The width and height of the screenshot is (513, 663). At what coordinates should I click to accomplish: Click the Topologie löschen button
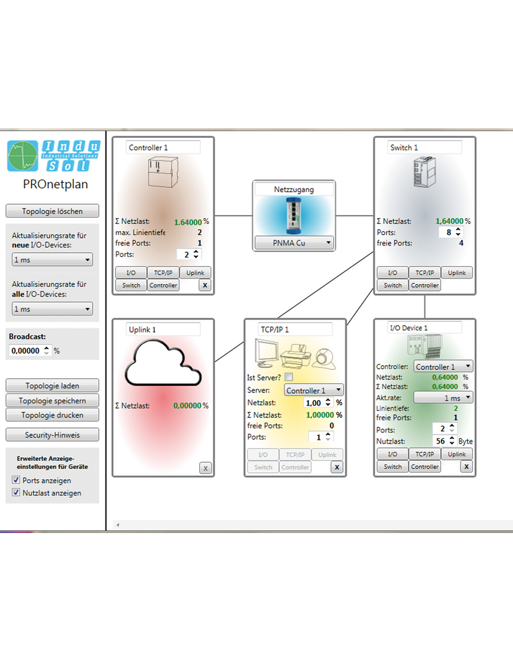pos(52,211)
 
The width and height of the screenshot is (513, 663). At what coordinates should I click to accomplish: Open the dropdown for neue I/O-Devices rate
pos(52,260)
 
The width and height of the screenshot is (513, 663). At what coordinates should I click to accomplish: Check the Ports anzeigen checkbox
pos(17,480)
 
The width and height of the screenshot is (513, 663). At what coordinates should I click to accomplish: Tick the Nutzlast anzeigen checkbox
pos(17,493)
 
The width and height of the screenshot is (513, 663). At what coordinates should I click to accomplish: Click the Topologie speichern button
pos(52,401)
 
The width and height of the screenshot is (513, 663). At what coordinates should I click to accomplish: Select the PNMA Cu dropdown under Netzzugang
pos(294,243)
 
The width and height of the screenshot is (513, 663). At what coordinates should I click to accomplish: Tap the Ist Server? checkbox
pos(289,377)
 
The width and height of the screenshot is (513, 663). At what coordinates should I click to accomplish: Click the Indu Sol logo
pos(54,156)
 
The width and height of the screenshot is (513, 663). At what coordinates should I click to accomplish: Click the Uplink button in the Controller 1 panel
pos(195,273)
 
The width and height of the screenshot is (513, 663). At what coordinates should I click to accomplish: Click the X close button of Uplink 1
pos(205,468)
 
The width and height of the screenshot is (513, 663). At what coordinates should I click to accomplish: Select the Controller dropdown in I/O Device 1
pos(443,367)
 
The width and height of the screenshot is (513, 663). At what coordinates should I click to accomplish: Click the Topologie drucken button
pos(52,415)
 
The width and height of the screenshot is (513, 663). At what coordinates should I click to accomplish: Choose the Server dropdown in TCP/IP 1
pos(314,391)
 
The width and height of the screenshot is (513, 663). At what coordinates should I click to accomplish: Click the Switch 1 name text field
pos(424,148)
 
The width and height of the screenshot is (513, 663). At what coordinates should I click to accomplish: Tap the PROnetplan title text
pos(55,184)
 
